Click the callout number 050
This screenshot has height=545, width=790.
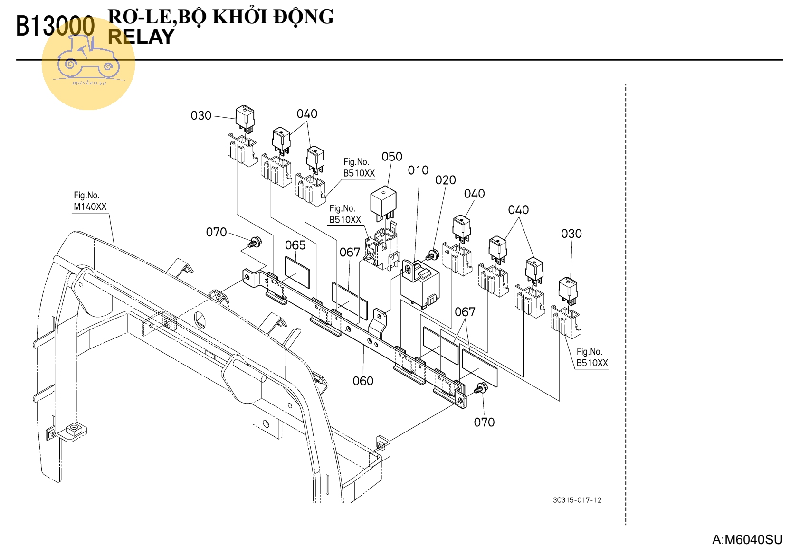coord(391,157)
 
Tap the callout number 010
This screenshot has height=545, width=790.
coord(418,170)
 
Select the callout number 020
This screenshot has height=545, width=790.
coord(445,180)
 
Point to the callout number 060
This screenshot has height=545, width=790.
coord(363,381)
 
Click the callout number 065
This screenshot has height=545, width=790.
coord(295,245)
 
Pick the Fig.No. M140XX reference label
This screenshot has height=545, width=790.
coord(90,201)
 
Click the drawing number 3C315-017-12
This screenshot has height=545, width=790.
coord(577,500)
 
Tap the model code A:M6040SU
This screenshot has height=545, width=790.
coord(747,539)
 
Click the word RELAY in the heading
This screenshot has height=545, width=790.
coord(141,37)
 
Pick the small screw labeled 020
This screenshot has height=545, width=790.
coord(432,254)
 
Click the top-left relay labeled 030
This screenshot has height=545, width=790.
coord(245,118)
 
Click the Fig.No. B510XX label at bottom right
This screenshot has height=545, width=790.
coord(591,357)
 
